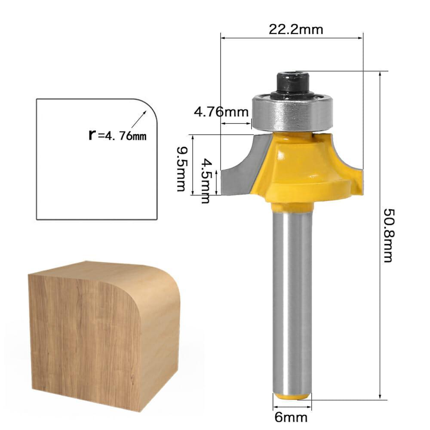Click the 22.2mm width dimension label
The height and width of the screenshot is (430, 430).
(296, 29)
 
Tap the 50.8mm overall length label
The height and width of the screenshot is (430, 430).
(388, 235)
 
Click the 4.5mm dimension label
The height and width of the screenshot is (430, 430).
(207, 181)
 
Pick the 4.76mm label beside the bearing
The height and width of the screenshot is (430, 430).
(221, 112)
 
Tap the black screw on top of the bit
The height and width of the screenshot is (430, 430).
(292, 83)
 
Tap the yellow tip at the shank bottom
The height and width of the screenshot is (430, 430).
(293, 396)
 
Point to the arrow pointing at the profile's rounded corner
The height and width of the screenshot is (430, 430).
(138, 121)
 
